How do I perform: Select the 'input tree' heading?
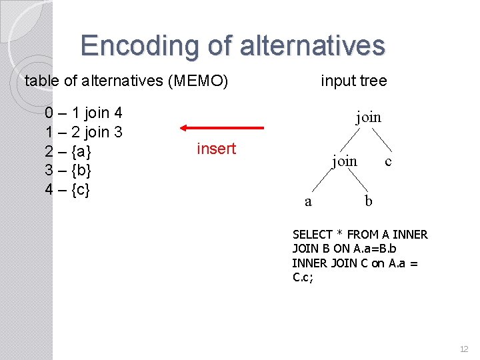coord(353,81)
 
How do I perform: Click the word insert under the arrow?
coord(216,149)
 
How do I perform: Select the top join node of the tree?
coord(368,117)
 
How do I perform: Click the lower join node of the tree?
coord(345,161)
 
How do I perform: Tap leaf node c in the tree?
coord(389,161)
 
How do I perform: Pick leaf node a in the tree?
coord(307,201)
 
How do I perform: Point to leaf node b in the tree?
coord(369,201)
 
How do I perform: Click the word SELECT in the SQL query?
coord(312,235)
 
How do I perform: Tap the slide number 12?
coord(464,349)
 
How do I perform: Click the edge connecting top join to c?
coord(381,139)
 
